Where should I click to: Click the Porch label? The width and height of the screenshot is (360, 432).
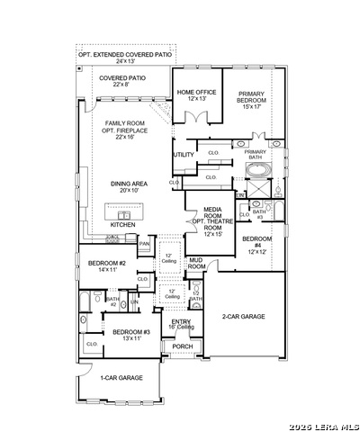(x=183, y=346)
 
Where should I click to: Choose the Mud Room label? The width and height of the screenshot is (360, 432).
(x=196, y=263)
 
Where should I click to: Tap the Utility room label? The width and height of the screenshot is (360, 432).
(x=184, y=155)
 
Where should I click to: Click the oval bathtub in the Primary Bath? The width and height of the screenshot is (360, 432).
(x=256, y=168)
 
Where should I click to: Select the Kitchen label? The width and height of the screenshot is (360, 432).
(x=122, y=224)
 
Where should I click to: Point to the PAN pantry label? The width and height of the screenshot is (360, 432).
(x=144, y=243)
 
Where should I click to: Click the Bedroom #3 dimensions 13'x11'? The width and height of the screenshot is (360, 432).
(x=125, y=338)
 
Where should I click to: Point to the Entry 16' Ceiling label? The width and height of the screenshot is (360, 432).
(x=182, y=323)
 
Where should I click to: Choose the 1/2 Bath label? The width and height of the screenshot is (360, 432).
(x=196, y=297)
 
